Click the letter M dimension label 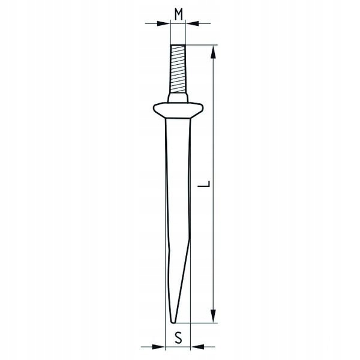coord(178,14)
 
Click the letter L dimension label coord(204,184)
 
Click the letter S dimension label coord(178,338)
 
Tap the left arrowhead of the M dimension coord(163,23)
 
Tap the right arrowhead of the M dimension coord(192,23)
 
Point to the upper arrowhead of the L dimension coord(214,52)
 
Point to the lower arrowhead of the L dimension coord(214,316)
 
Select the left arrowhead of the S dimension coord(158,347)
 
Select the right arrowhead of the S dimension coord(197,347)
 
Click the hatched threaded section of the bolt coord(178,68)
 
